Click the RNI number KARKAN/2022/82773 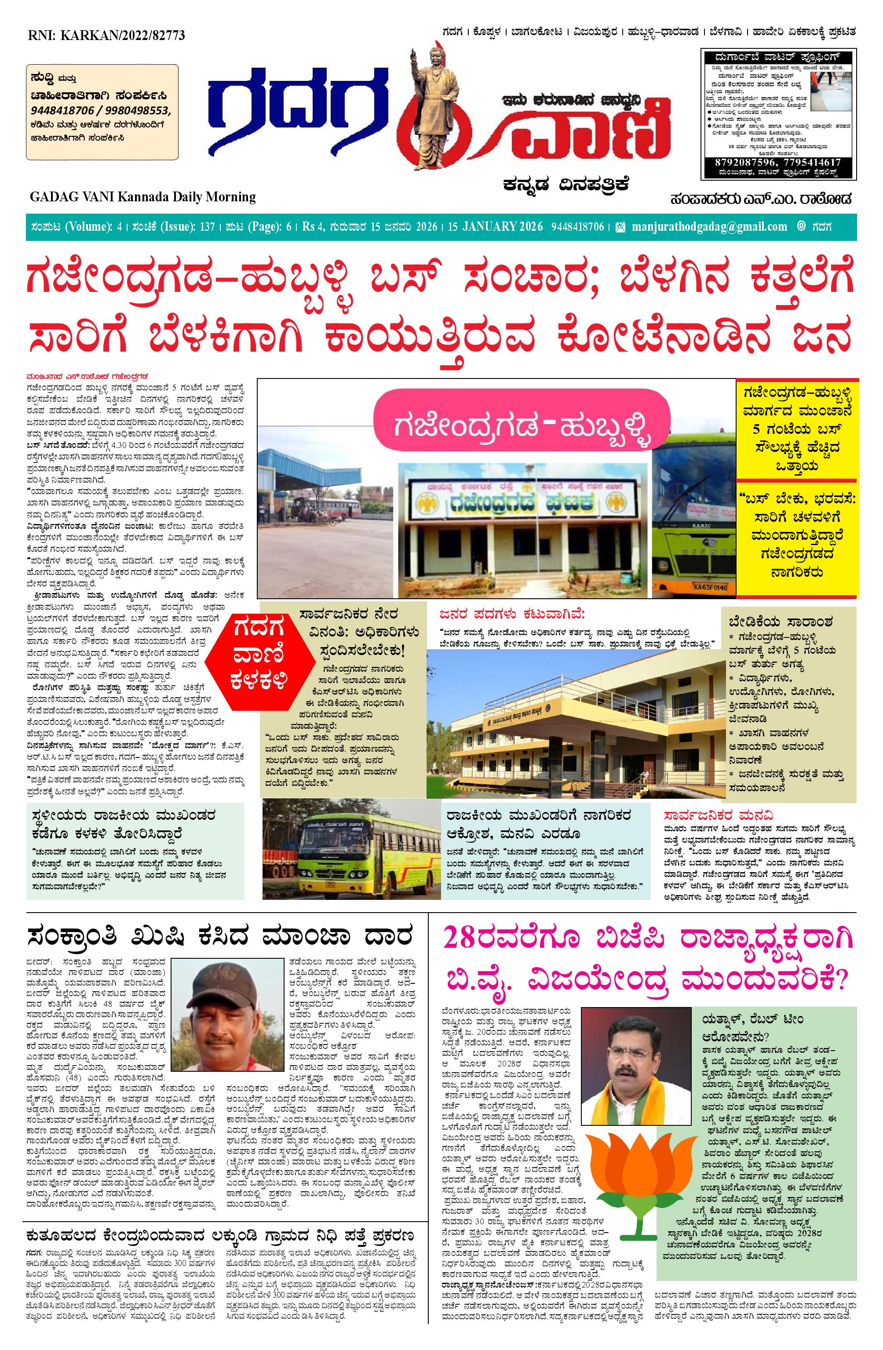[106, 36]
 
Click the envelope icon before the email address [620, 227]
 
